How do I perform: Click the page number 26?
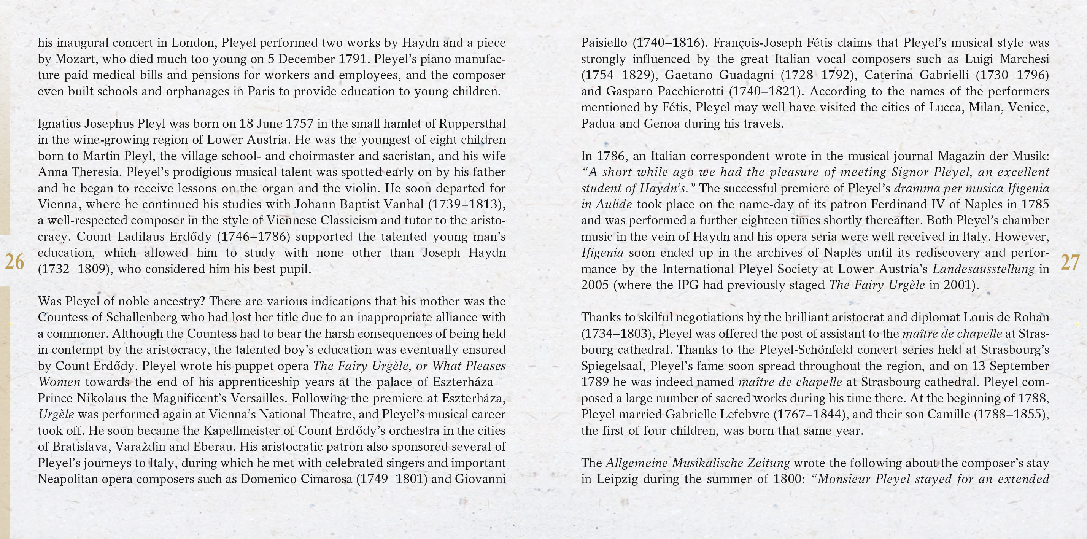pos(14,262)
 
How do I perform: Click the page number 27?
pos(1070,262)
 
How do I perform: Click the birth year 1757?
pos(300,124)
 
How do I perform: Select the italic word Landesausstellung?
pos(983,269)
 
